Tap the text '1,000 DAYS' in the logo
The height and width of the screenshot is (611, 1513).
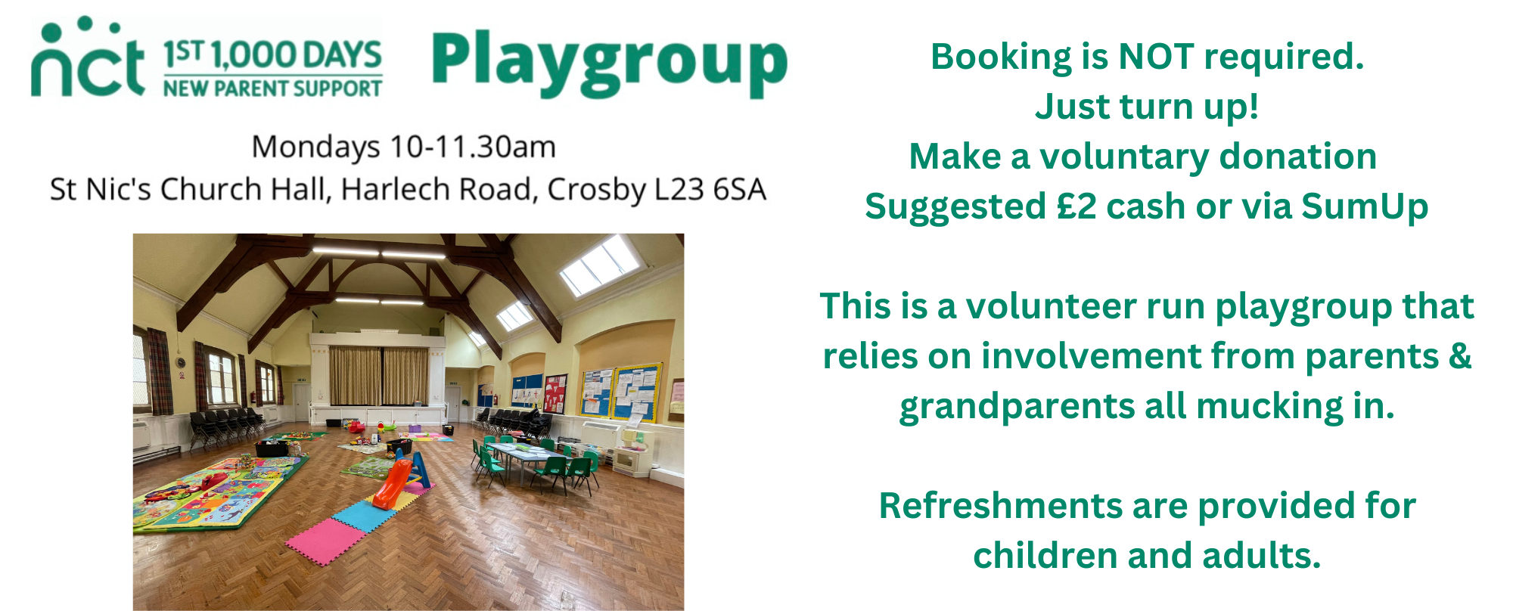(296, 55)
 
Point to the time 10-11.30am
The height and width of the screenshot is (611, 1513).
(473, 147)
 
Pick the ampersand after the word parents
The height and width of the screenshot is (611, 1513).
(1460, 355)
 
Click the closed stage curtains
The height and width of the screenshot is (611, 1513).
(379, 376)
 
